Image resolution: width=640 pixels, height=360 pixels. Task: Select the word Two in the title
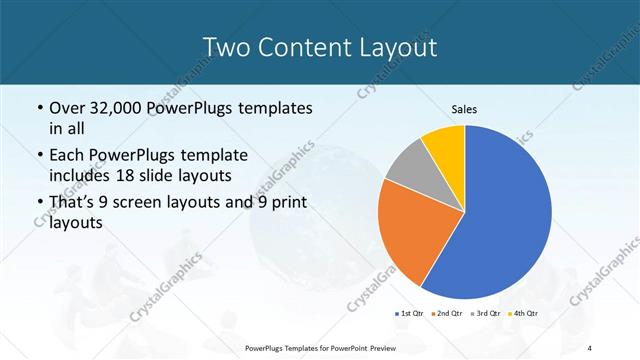(x=224, y=46)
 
